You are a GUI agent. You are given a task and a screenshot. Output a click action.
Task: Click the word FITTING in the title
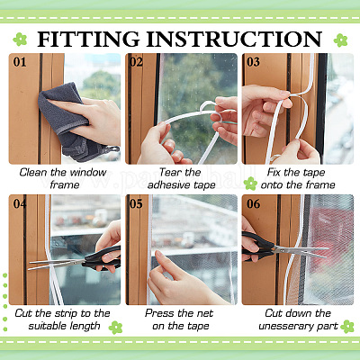pos(89,40)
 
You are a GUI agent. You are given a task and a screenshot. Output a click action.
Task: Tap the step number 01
pos(20,62)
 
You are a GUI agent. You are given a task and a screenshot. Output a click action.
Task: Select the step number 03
pos(253,62)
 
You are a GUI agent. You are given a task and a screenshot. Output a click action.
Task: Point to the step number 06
pos(253,204)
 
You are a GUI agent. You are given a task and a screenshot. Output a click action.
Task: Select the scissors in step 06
pos(282,247)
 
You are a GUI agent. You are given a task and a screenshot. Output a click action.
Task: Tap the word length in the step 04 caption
pos(85,326)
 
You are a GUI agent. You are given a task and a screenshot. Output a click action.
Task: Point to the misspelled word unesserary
pos(284,326)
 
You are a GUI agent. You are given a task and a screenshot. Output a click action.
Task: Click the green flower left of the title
pos(20,40)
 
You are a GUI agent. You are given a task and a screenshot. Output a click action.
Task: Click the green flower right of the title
pos(340,40)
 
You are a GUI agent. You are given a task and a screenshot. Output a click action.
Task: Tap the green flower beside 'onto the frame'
pos(250,184)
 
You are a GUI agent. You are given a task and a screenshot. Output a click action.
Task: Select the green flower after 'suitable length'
pos(115,328)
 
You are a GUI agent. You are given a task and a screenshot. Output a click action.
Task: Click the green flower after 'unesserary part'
pos(347,327)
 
